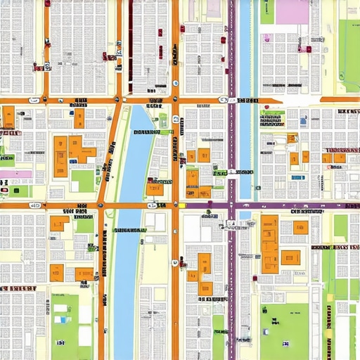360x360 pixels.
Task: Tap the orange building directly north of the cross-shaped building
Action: [x=79, y=118]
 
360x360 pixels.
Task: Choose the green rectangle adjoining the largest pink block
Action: [x=267, y=11]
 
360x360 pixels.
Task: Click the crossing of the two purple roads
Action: [x=231, y=206]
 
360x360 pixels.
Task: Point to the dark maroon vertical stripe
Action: [x=130, y=42]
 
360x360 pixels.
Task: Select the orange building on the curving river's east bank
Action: [x=155, y=188]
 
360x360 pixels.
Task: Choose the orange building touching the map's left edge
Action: [x=8, y=117]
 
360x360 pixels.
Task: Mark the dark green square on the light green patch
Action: [x=163, y=120]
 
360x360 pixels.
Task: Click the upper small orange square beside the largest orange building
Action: [x=301, y=227]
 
